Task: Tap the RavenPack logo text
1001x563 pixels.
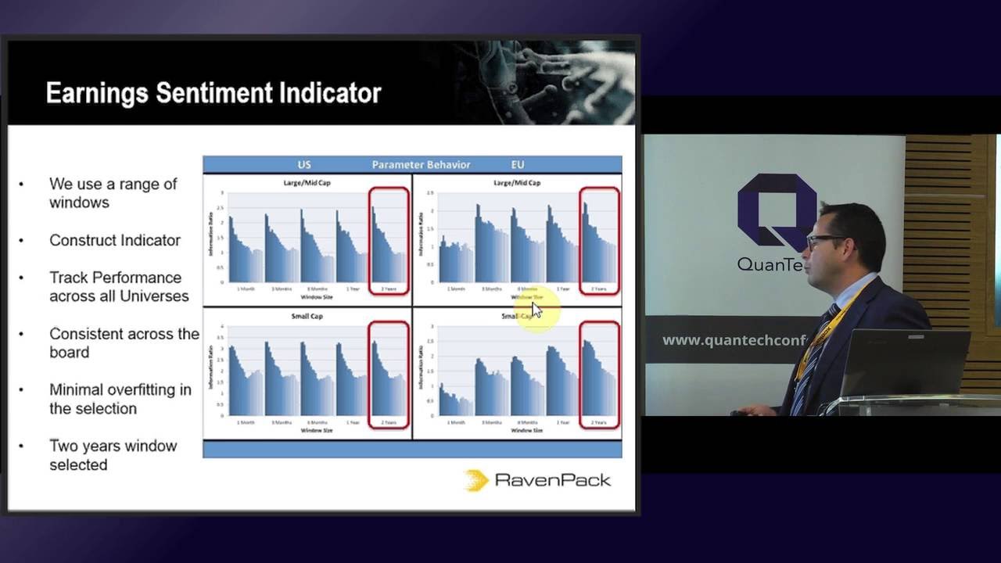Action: point(552,479)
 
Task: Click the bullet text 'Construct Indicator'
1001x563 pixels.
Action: point(115,240)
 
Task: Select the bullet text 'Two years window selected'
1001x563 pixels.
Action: point(113,455)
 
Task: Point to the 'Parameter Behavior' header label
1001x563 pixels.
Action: point(421,165)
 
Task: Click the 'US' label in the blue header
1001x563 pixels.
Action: point(304,165)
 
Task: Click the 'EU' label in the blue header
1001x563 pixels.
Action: point(517,165)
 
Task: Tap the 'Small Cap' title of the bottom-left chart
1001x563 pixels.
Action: point(307,316)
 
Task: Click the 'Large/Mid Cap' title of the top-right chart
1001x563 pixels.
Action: point(517,182)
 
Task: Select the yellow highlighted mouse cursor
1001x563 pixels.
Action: point(536,310)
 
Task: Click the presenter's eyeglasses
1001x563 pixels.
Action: point(825,239)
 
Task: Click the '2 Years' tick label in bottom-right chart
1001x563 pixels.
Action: point(598,422)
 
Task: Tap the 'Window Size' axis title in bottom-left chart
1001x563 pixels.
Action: point(307,430)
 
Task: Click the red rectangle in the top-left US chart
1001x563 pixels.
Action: point(389,241)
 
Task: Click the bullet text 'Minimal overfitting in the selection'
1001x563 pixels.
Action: point(120,399)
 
